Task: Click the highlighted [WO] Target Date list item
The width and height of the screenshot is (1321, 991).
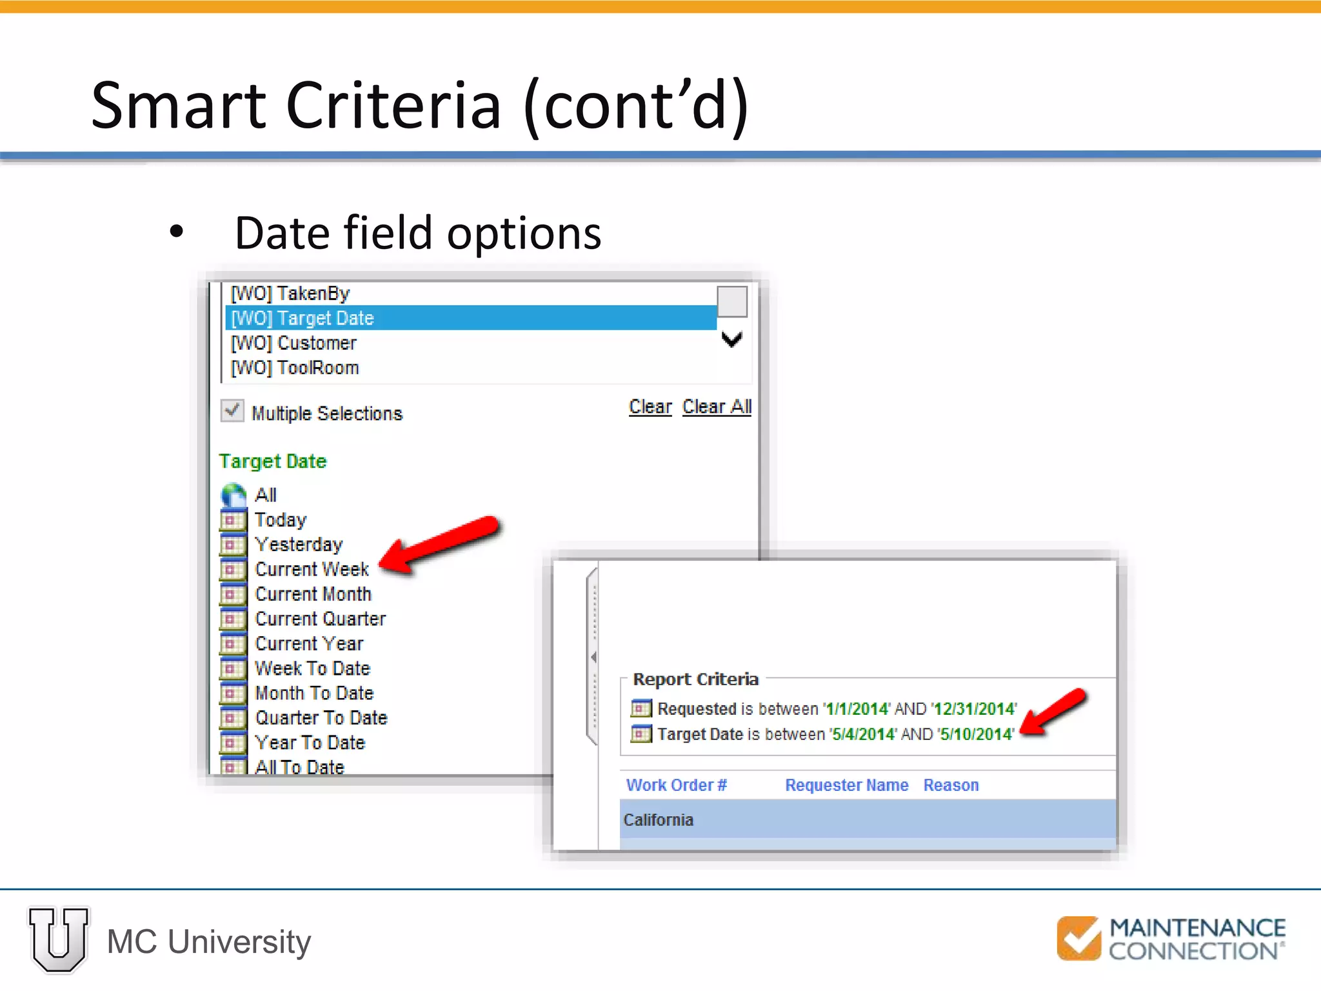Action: (302, 318)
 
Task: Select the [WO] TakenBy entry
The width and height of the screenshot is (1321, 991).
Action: (290, 294)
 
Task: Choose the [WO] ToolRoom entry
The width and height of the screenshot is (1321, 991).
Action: (295, 368)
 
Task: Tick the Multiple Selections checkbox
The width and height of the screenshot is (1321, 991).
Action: (232, 411)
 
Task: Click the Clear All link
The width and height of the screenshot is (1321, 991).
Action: (717, 406)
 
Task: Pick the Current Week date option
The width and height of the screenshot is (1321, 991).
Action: (312, 569)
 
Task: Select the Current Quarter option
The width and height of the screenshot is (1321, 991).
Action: (320, 619)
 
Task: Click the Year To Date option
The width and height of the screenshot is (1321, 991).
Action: (310, 743)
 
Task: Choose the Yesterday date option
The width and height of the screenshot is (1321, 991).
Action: (299, 545)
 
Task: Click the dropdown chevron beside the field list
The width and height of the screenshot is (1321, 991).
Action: (731, 339)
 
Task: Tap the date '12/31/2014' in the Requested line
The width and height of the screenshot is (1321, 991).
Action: (974, 709)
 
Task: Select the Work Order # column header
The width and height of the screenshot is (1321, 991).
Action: (676, 785)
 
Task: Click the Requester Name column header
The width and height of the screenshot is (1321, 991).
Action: (846, 785)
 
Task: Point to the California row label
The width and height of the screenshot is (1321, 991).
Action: (658, 820)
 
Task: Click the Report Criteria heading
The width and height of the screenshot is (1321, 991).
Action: (695, 679)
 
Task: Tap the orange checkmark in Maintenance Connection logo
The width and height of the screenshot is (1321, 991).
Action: (1078, 938)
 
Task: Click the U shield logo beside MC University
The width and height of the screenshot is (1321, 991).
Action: (59, 940)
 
